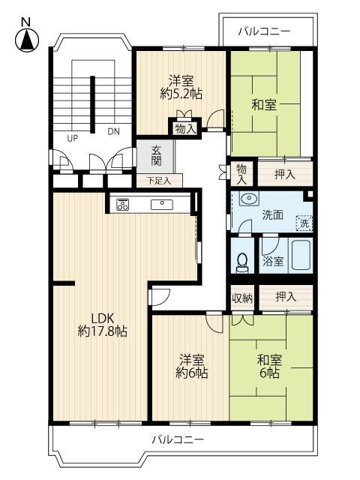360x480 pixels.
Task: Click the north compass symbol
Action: pyautogui.click(x=25, y=38)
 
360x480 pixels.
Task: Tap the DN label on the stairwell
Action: pyautogui.click(x=113, y=131)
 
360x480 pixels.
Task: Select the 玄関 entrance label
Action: pyautogui.click(x=156, y=155)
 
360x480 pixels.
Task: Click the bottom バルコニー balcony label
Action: pyautogui.click(x=177, y=439)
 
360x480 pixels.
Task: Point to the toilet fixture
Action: pyautogui.click(x=242, y=260)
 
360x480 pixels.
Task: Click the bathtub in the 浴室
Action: pyautogui.click(x=301, y=256)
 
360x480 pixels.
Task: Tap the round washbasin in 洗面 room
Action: pyautogui.click(x=247, y=199)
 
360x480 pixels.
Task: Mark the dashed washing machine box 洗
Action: pyautogui.click(x=304, y=223)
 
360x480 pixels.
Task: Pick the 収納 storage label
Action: pyautogui.click(x=242, y=298)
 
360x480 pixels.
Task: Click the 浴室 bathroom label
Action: pyautogui.click(x=273, y=262)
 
